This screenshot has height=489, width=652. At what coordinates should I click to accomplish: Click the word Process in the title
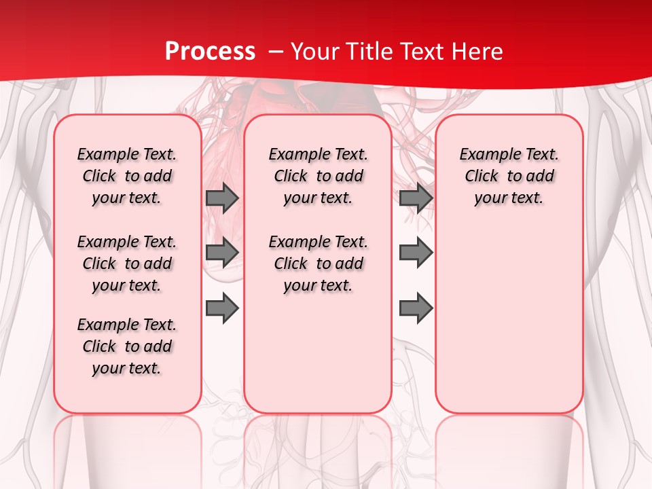tap(210, 51)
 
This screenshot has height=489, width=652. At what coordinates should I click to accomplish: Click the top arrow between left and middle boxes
tap(222, 198)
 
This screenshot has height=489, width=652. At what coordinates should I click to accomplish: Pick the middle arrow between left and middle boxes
tap(222, 253)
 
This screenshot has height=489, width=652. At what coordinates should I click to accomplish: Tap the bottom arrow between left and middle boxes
tap(222, 308)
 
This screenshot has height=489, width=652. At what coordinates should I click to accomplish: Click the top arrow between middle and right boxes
tap(416, 198)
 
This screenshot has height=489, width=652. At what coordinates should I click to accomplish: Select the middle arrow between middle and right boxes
tap(416, 253)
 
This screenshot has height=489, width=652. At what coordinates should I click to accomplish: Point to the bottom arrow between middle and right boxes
tap(416, 308)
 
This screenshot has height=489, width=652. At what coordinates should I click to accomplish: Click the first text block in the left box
tap(127, 176)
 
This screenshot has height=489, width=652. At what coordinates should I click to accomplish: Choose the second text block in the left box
tap(127, 264)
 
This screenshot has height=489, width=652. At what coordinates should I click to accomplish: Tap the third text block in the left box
tap(127, 346)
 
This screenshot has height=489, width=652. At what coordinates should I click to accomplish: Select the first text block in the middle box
tap(318, 176)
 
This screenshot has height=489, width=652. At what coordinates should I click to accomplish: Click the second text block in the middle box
tap(318, 264)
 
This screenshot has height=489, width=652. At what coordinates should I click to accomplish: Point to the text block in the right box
tap(509, 176)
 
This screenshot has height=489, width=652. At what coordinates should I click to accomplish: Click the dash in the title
tap(275, 52)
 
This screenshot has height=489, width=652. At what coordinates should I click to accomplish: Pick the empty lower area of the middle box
tap(318, 353)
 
